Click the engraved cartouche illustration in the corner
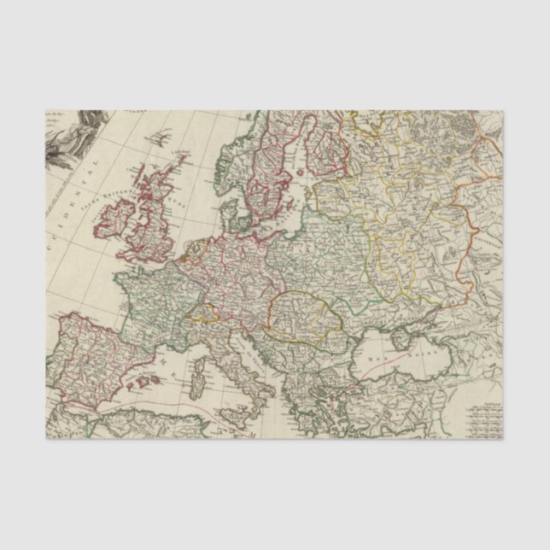click(x=73, y=141)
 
